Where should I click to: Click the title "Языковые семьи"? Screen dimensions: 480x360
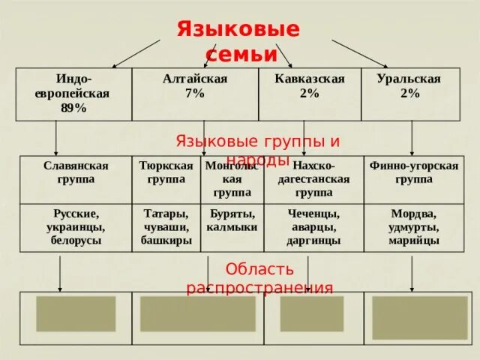pyautogui.click(x=238, y=41)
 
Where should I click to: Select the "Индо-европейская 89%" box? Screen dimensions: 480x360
pyautogui.click(x=73, y=94)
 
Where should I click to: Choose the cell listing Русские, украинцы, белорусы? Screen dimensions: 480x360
pyautogui.click(x=75, y=227)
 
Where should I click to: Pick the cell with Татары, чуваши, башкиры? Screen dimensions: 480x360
pyautogui.click(x=166, y=227)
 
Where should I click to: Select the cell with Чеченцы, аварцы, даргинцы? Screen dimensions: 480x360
pyautogui.click(x=313, y=227)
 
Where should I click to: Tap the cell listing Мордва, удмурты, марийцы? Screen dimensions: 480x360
pyautogui.click(x=413, y=227)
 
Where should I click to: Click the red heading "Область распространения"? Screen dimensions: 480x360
pyautogui.click(x=259, y=278)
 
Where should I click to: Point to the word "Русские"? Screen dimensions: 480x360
pyautogui.click(x=76, y=214)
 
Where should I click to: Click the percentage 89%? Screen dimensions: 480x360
pyautogui.click(x=73, y=108)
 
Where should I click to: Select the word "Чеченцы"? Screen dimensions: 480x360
pyautogui.click(x=313, y=214)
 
